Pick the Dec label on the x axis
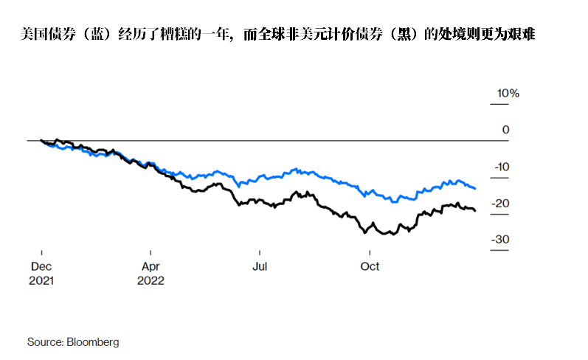coord(41,266)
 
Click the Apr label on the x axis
coord(151,266)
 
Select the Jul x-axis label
coord(259,266)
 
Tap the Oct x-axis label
coord(369,266)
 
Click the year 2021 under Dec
coord(42,280)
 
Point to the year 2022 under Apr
coord(151,280)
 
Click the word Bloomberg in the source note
coord(93,342)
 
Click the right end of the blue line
coord(474,189)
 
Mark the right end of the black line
coord(474,211)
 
